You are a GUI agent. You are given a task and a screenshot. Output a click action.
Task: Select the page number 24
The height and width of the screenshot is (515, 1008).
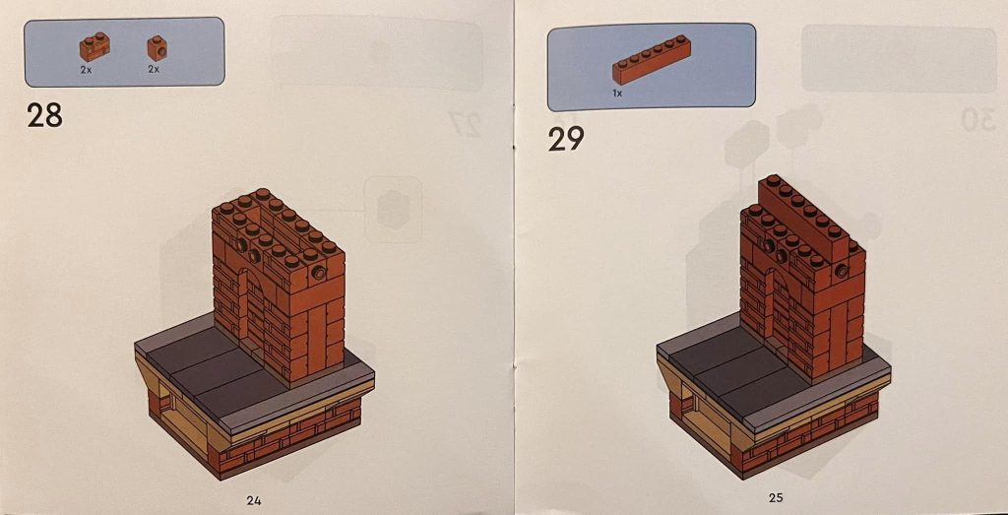(x=254, y=499)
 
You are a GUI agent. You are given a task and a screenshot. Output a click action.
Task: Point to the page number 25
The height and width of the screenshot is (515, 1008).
(x=776, y=498)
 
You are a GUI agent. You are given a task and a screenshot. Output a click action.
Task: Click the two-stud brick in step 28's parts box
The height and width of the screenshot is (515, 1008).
(x=95, y=46)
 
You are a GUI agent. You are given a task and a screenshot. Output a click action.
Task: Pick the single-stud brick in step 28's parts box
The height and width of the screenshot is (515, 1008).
(x=156, y=47)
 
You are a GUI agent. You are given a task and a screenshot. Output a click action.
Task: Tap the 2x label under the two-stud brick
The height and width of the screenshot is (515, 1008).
(x=87, y=71)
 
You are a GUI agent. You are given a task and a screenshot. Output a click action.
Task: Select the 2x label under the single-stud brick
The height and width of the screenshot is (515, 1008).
(x=154, y=71)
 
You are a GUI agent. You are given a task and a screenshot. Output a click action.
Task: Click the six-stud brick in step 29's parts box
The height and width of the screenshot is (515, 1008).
(x=651, y=67)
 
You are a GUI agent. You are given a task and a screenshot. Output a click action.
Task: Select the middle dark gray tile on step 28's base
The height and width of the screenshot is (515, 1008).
(x=218, y=374)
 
